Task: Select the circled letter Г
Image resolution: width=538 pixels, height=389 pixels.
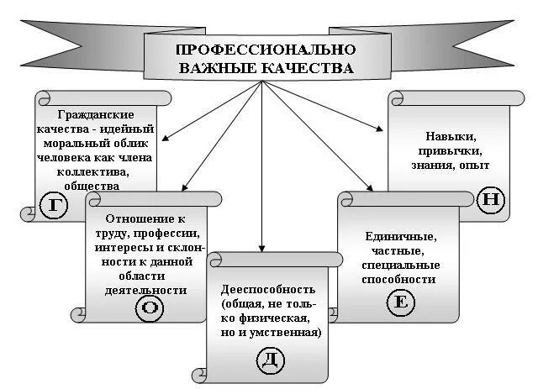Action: click(x=55, y=207)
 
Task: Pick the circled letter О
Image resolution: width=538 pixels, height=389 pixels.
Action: click(x=150, y=308)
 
